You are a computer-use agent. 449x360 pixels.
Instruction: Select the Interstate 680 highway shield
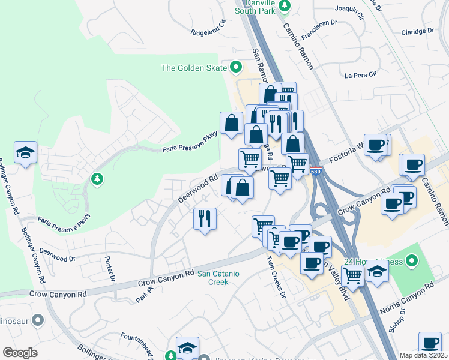pyautogui.click(x=316, y=172)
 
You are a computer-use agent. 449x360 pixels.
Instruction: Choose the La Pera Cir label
pyautogui.click(x=360, y=75)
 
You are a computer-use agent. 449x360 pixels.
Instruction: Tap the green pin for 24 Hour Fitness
pyautogui.click(x=411, y=261)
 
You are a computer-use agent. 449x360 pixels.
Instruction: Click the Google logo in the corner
pyautogui.click(x=20, y=352)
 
